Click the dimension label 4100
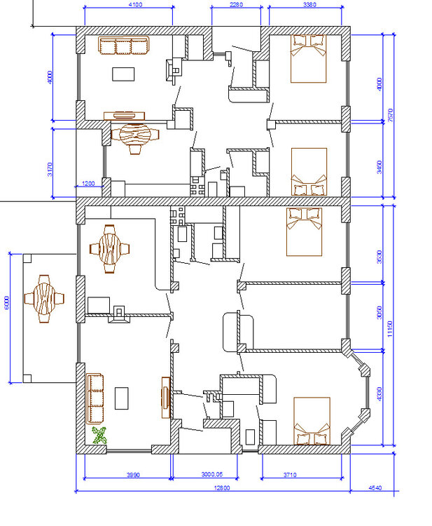point(136,6)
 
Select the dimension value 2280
point(237,6)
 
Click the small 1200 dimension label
point(88,184)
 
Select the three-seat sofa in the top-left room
point(124,46)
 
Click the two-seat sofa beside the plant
point(95,392)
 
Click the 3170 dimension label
point(50,169)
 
